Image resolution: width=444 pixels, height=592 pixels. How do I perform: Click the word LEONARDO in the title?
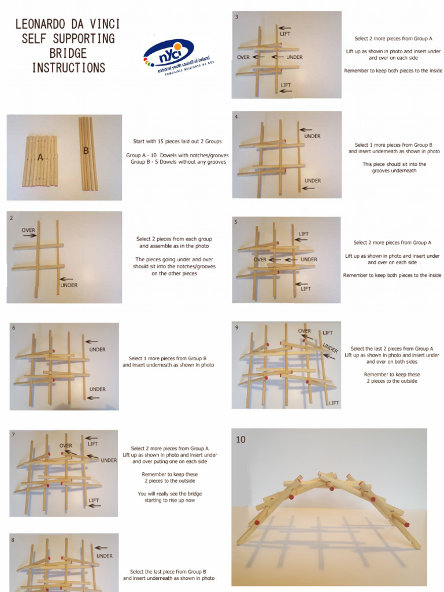tap(39, 25)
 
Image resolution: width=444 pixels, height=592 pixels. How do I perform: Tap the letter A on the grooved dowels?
tap(40, 157)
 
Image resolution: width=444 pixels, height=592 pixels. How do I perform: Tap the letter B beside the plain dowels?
tap(86, 150)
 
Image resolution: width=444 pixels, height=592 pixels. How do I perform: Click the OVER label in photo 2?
tap(28, 230)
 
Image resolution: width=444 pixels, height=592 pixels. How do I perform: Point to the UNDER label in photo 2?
tap(69, 285)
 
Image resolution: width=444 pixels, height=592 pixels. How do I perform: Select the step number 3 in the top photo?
tap(236, 17)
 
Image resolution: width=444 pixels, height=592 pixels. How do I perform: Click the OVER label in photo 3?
tap(243, 57)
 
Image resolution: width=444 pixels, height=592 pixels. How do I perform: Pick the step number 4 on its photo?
tap(236, 117)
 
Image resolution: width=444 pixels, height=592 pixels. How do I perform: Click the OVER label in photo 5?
tap(260, 260)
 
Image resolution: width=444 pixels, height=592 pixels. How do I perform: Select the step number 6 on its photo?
tap(13, 328)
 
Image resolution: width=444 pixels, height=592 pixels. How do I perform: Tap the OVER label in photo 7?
tap(66, 446)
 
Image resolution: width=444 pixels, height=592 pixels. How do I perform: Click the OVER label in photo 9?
tap(304, 331)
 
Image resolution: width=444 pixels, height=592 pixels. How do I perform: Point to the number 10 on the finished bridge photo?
tap(240, 440)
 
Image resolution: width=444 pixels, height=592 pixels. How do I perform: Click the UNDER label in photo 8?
tap(105, 556)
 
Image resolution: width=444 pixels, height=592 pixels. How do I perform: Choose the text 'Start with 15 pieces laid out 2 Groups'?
tap(177, 141)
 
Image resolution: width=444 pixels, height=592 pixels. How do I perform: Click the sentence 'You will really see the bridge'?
tap(169, 494)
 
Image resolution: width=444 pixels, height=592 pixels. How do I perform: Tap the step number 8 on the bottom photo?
tap(13, 539)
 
